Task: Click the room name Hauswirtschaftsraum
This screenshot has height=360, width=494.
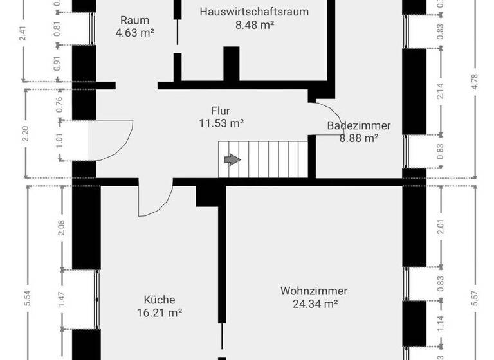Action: [253, 12]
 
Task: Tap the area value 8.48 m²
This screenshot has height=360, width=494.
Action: [255, 26]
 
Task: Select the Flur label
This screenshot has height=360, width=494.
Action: [220, 110]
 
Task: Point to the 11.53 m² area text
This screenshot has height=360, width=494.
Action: [221, 123]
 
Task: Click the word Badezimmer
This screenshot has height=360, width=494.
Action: [359, 125]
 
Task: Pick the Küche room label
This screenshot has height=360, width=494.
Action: [160, 300]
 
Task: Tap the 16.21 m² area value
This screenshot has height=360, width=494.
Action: [160, 313]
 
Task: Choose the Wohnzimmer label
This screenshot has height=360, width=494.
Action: [314, 291]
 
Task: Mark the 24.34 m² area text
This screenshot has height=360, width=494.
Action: [314, 304]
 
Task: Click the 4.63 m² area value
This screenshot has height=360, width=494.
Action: [135, 33]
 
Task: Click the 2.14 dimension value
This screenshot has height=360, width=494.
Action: [441, 92]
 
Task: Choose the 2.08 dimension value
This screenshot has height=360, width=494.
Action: [62, 228]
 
